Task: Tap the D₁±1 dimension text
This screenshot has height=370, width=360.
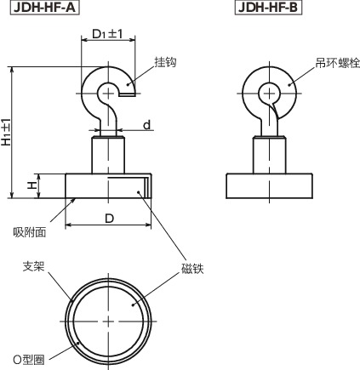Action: (107, 35)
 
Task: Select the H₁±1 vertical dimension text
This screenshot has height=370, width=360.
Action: (8, 132)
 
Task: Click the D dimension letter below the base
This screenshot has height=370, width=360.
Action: (109, 219)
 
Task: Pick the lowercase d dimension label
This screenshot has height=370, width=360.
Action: (146, 125)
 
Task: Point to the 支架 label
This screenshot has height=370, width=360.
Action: (32, 265)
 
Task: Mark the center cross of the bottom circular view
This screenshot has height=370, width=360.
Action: (110, 320)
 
